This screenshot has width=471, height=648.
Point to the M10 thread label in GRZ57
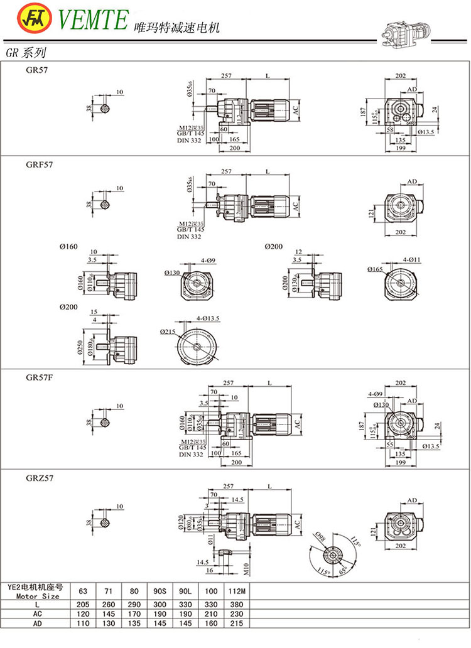247,568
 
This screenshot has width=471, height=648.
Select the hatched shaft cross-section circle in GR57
105,108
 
